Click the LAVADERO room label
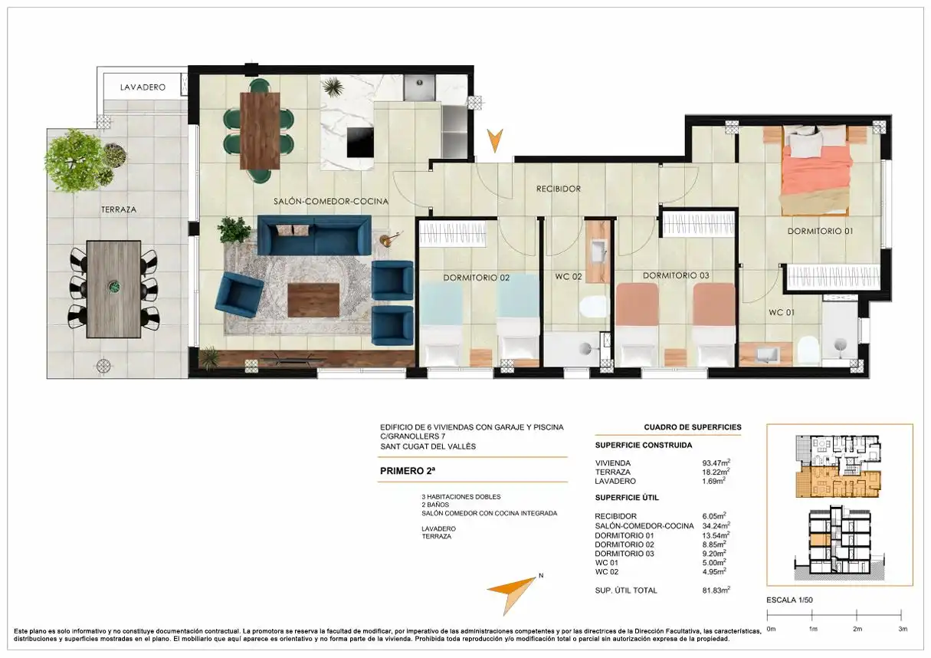pos(143,87)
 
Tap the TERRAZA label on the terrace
pos(119,209)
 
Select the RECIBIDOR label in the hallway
pos(558,189)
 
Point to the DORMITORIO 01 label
pos(820,232)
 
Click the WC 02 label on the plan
pos(568,277)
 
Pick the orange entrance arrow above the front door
pos(495,140)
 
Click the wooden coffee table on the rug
pos(313,300)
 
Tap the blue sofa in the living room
pos(314,235)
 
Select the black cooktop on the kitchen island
pos(360,142)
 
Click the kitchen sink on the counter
pos(419,87)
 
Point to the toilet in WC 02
pos(594,307)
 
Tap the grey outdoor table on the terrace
pos(113,289)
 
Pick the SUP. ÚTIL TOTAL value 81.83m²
pos(716,591)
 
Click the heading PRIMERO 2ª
pos(408,471)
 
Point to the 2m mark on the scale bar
pos(857,615)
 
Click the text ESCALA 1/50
pos(789,600)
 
